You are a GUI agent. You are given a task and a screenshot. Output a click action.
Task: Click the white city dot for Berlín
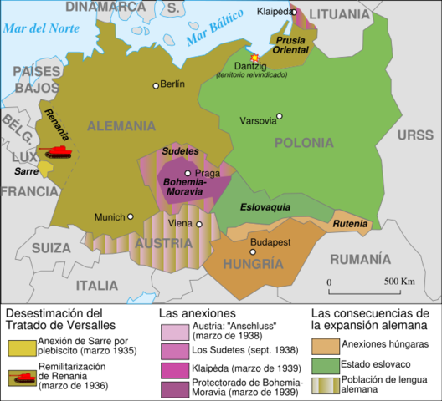(155, 85)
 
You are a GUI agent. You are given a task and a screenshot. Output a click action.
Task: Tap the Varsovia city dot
(280, 117)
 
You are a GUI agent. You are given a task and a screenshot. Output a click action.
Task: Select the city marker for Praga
(188, 174)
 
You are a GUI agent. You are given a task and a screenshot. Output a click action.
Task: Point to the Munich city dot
(130, 216)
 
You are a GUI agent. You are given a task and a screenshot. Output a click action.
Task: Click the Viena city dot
(199, 224)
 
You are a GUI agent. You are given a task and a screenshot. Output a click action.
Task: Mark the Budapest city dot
(252, 251)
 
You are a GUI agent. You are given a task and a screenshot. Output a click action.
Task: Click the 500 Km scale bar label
(401, 282)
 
